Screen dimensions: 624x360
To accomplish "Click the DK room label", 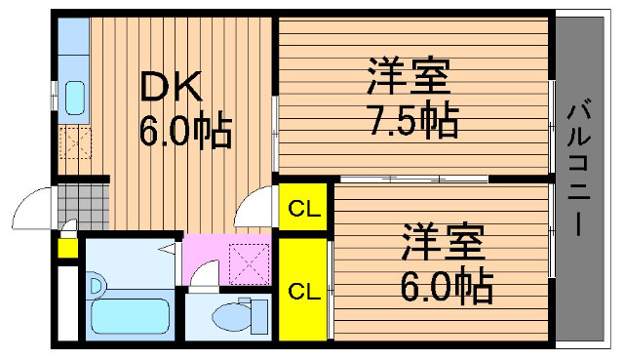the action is click(171, 86).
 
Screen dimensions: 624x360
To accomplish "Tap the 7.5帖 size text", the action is click(413, 119).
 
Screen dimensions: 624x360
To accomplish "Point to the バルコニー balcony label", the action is click(578, 171).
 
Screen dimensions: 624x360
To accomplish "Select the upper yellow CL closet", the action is click(303, 207).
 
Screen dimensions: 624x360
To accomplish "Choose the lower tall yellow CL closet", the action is click(304, 290).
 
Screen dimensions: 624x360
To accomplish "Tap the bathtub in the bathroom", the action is click(130, 317).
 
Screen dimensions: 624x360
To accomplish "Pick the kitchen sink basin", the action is click(75, 98).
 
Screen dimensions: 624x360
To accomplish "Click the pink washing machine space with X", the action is click(250, 264).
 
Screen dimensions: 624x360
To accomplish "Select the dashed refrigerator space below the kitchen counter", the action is click(75, 143).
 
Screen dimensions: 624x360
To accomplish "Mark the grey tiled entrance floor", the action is click(84, 207).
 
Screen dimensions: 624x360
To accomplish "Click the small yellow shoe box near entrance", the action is click(67, 248).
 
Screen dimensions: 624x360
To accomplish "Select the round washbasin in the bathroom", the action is click(96, 285).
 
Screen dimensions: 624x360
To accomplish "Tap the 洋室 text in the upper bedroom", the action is click(409, 76).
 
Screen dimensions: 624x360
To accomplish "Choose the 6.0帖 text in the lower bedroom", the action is click(447, 286).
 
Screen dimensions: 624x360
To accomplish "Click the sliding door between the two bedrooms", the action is click(413, 180).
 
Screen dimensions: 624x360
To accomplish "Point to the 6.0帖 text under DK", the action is click(185, 130).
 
